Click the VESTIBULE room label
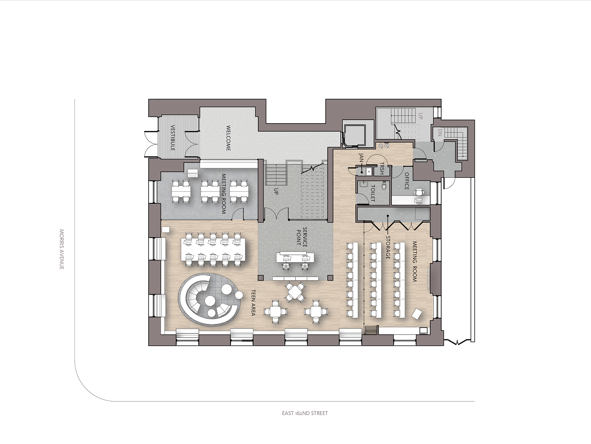tap(173, 138)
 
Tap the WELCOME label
tap(228, 138)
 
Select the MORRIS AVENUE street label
tap(62, 249)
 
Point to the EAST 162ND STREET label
tap(305, 413)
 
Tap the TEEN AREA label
tap(253, 302)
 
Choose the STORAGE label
tap(388, 247)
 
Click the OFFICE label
tap(407, 181)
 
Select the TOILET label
tap(373, 193)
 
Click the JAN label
tap(361, 157)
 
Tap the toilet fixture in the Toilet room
tap(384, 185)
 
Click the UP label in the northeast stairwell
tap(421, 116)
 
